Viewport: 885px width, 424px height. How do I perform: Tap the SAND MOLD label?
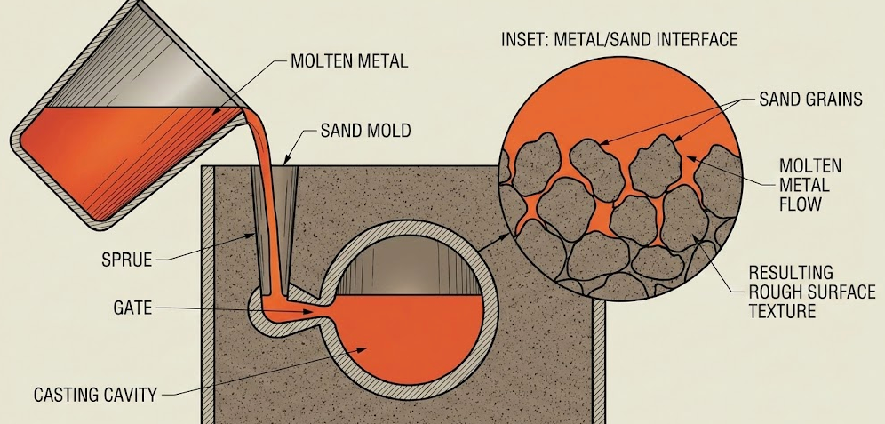coord(365,132)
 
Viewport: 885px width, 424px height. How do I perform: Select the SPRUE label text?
coord(128,260)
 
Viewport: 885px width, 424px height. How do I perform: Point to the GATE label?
coord(132,308)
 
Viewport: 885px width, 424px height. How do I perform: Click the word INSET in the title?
coord(528,40)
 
